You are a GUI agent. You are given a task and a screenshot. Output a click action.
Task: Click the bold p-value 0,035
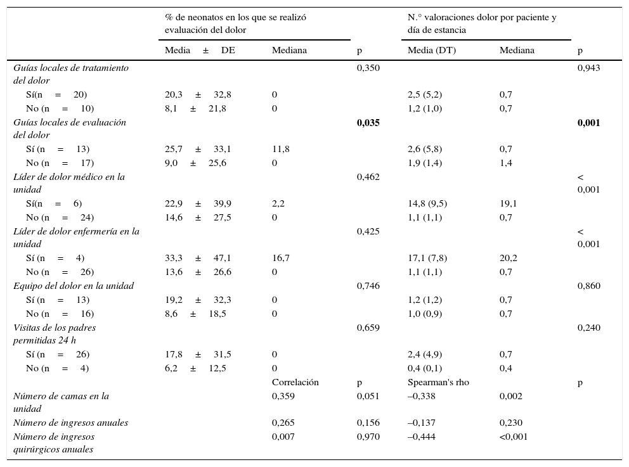(x=368, y=123)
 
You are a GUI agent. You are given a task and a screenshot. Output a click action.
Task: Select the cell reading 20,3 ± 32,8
(x=198, y=95)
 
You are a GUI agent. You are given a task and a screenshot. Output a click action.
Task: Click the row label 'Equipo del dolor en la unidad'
(x=74, y=286)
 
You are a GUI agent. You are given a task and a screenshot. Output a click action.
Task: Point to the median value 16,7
(x=281, y=259)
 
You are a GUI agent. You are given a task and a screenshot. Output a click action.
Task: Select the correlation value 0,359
(x=283, y=397)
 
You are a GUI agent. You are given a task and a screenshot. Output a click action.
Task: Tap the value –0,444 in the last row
(x=421, y=437)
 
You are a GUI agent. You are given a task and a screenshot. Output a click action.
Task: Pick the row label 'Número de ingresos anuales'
(x=70, y=423)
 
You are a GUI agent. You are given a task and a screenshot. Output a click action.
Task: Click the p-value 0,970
(x=368, y=437)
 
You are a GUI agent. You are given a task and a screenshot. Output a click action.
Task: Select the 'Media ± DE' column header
(x=200, y=51)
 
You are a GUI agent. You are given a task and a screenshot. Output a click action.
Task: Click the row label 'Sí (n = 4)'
(x=55, y=259)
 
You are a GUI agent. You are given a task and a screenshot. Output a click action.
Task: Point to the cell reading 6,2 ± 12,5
(x=195, y=369)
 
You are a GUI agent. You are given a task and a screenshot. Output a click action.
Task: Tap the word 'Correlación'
(x=295, y=383)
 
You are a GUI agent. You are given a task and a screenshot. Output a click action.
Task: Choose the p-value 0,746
(x=368, y=286)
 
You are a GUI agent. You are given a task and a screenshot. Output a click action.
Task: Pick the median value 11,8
(x=281, y=150)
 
